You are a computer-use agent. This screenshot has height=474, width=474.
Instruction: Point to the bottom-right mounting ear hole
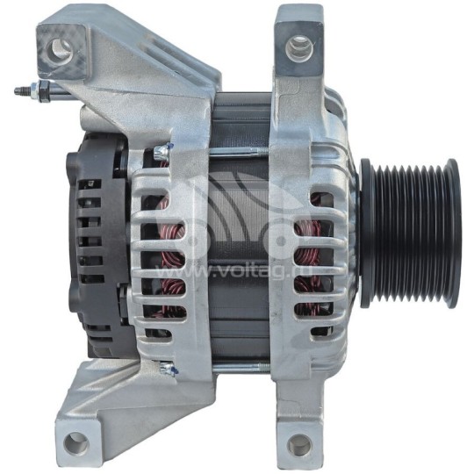click(x=300, y=446)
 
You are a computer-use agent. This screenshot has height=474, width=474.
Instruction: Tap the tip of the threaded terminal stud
click(x=18, y=90)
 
